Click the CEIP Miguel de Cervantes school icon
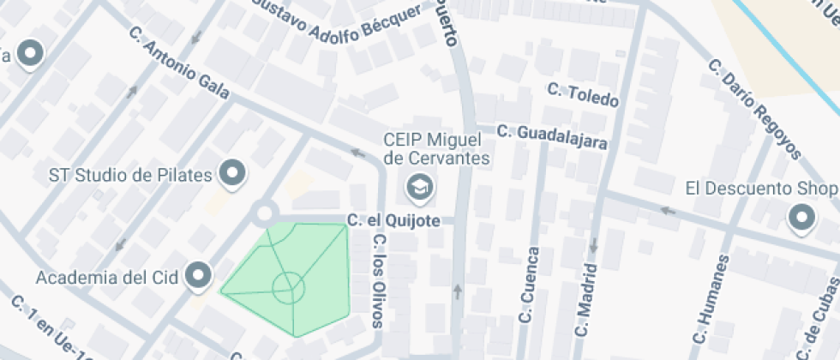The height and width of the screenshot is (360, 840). (420, 185)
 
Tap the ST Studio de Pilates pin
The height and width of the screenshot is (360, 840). (232, 174)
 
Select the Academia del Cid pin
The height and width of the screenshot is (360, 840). (200, 275)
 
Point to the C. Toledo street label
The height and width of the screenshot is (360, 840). (583, 94)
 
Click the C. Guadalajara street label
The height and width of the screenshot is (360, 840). (552, 137)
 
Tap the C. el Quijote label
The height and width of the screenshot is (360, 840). (394, 221)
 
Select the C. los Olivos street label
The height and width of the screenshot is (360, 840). (377, 279)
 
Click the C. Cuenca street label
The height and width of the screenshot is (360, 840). (529, 285)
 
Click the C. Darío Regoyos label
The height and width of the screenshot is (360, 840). (754, 109)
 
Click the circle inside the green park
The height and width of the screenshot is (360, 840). (287, 287)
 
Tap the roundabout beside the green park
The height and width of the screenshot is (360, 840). (265, 212)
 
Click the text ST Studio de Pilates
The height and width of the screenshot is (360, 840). (130, 176)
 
